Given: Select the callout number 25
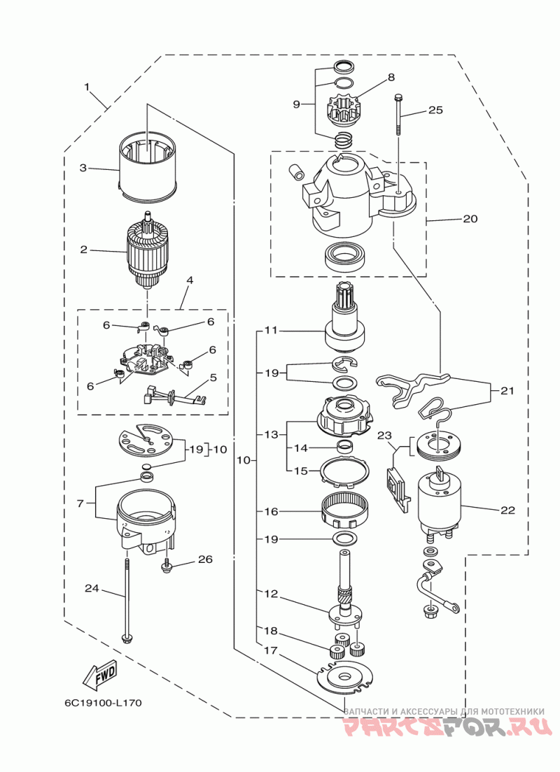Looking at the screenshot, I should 436,110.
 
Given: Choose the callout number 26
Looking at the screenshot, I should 205,559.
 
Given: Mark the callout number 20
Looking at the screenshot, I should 470,218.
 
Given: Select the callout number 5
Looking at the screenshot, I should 213,377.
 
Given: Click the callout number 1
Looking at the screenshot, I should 87,87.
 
